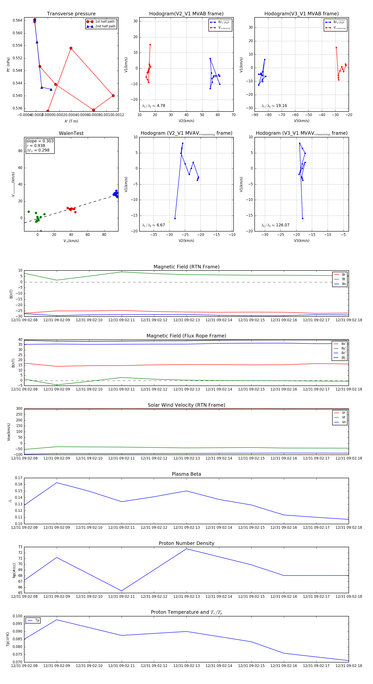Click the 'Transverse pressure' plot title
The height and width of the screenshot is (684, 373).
point(71,14)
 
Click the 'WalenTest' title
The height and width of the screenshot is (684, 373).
point(71,133)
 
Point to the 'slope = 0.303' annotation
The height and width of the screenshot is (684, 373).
point(40,141)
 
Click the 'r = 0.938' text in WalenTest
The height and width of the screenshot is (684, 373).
point(36,146)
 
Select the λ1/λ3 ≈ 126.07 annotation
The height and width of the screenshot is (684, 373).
point(275,225)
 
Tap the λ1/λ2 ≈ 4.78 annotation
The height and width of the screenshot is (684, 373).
point(153,106)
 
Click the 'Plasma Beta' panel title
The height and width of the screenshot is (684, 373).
point(186,474)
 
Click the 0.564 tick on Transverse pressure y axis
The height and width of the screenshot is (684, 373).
point(18,21)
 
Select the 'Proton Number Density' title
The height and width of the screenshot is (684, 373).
point(186,543)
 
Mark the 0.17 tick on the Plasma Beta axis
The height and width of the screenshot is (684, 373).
point(19,478)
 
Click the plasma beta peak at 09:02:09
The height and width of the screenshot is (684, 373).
point(57,483)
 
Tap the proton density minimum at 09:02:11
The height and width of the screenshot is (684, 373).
point(122,591)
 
